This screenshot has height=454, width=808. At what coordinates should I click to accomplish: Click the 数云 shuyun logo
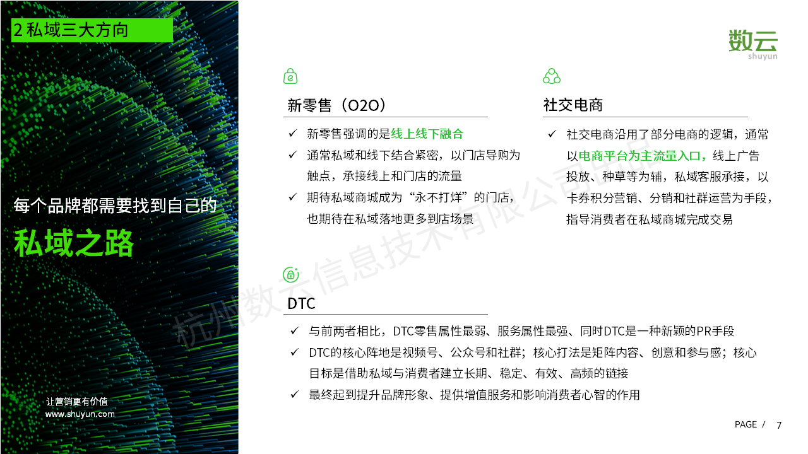[x=753, y=45]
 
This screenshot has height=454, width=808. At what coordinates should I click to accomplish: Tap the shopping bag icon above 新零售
[x=290, y=76]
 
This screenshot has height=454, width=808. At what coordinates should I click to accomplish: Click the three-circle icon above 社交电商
[x=552, y=76]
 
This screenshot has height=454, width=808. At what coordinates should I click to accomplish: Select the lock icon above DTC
[x=291, y=274]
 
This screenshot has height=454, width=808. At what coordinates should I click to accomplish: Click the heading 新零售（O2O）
[x=336, y=105]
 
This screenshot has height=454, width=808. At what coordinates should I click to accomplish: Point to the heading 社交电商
[x=573, y=105]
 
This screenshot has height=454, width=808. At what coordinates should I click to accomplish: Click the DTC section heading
[x=301, y=303]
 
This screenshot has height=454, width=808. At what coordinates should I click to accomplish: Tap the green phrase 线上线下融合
[x=427, y=134]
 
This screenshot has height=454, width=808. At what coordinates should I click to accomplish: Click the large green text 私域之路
[x=74, y=243]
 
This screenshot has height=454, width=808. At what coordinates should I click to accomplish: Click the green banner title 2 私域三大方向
[x=71, y=30]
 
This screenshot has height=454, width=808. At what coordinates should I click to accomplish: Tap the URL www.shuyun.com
[x=80, y=414]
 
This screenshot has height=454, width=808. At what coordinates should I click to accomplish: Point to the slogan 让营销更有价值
[x=77, y=402]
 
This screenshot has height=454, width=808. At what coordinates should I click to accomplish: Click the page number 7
[x=779, y=425]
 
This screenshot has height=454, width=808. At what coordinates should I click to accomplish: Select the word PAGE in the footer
[x=746, y=424]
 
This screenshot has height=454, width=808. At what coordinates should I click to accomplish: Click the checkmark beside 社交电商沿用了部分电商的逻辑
[x=552, y=134]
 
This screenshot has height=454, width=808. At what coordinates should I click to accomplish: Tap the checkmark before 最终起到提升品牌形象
[x=295, y=394]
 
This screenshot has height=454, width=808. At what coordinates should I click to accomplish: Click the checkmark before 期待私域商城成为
[x=292, y=197]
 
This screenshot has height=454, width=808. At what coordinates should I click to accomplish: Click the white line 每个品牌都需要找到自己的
[x=115, y=206]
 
